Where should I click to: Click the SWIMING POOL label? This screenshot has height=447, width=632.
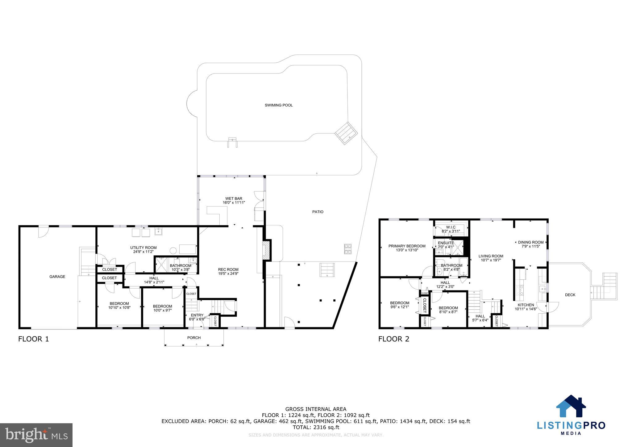279,105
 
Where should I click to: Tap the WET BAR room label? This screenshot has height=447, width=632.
234,198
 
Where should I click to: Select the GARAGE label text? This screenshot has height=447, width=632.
57,277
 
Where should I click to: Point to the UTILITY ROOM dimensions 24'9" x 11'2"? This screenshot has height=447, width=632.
143,252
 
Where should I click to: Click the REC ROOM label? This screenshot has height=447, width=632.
228,269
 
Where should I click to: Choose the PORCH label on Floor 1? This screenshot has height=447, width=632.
194,338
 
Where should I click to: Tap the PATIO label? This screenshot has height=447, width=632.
318,212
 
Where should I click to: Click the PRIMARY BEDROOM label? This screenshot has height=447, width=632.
407,246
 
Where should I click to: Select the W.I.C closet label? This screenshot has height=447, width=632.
451,227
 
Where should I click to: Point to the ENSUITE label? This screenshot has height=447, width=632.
446,243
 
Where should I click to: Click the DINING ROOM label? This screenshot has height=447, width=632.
530,242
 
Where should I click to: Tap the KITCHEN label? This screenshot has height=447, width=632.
526,305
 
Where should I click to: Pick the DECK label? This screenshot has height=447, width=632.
570,295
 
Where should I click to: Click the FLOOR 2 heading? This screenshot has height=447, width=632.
393,339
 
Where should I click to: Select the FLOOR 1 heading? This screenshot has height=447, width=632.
34,339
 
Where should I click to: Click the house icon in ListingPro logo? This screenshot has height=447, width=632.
571,406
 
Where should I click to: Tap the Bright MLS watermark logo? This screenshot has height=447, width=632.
36,435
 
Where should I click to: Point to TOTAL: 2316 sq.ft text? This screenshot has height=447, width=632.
316,427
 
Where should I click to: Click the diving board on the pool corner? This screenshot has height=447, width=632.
346,133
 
